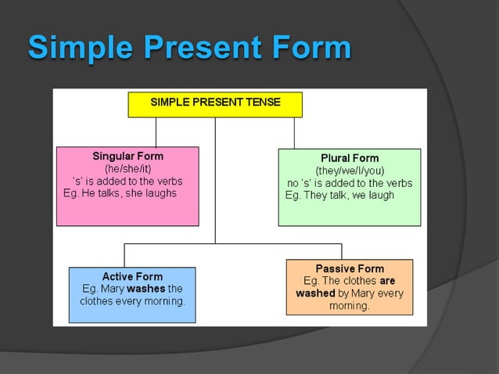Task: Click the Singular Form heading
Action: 127,156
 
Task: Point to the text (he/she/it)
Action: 127,168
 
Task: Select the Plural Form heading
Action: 350,158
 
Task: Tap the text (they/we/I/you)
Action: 350,171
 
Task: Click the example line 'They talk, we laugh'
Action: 339,196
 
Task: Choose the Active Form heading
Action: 132,276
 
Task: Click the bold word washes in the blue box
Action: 146,289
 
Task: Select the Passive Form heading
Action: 350,268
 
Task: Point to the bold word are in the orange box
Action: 387,281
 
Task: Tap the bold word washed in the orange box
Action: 315,293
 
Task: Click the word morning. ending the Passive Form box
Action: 349,306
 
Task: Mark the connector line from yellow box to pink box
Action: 156,131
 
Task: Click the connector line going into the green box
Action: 294,133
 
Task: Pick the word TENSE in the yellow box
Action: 264,102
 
